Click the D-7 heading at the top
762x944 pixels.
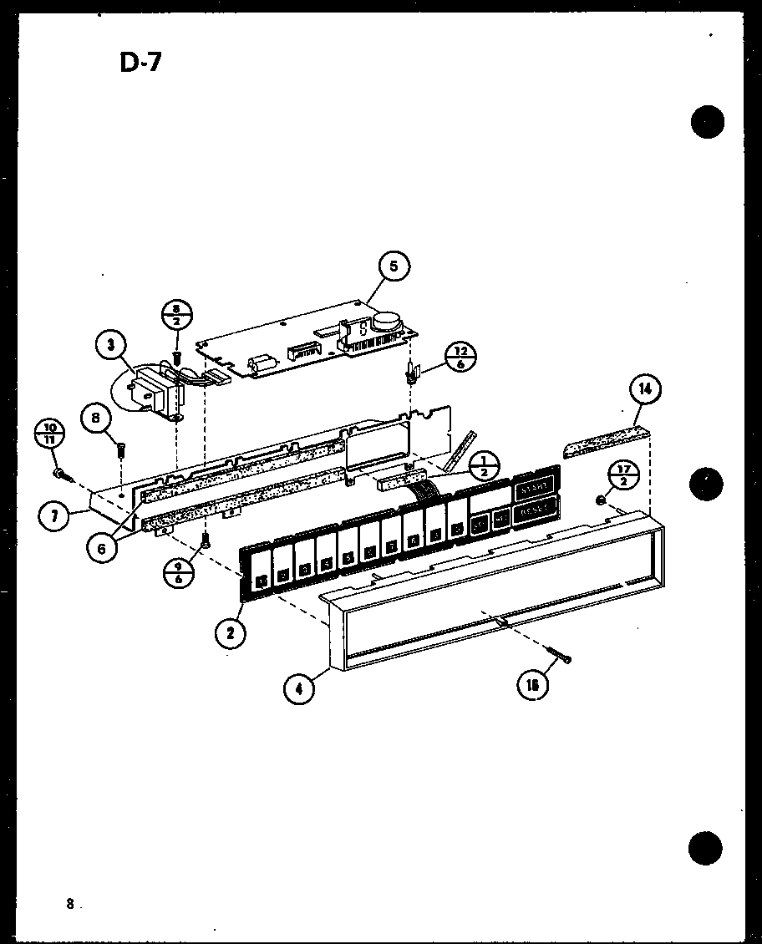(x=140, y=63)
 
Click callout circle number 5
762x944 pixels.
(x=394, y=267)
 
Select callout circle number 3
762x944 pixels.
(x=110, y=344)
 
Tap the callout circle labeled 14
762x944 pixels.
(x=647, y=389)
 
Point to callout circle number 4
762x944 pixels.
(x=299, y=690)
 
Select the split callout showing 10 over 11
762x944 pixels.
(x=50, y=436)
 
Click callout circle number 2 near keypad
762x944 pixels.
(x=231, y=632)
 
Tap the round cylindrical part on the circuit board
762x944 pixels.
(x=386, y=320)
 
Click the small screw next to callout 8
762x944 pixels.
(x=121, y=448)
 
